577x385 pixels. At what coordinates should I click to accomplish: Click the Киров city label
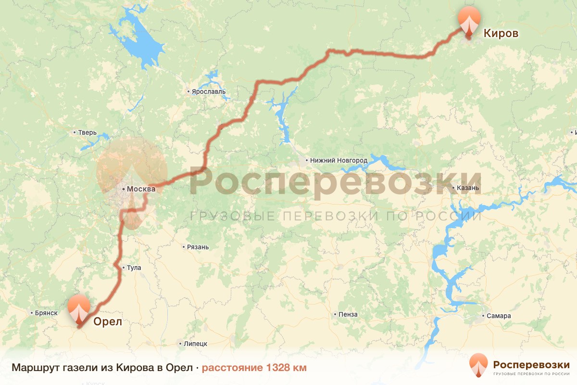(x=501, y=33)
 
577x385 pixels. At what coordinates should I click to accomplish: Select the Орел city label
(x=107, y=321)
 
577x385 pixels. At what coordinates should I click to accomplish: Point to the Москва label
(x=141, y=189)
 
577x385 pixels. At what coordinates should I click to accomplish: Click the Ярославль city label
(x=208, y=92)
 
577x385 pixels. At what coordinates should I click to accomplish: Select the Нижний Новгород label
(x=339, y=160)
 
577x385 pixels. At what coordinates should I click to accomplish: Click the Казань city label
(x=468, y=188)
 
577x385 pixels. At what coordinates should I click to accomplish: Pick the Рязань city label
(x=198, y=247)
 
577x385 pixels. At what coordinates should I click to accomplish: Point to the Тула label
(x=134, y=268)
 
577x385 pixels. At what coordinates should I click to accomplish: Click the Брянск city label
(x=46, y=313)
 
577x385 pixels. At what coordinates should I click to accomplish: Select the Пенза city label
(x=348, y=315)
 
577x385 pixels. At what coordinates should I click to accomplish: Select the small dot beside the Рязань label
(x=184, y=247)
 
